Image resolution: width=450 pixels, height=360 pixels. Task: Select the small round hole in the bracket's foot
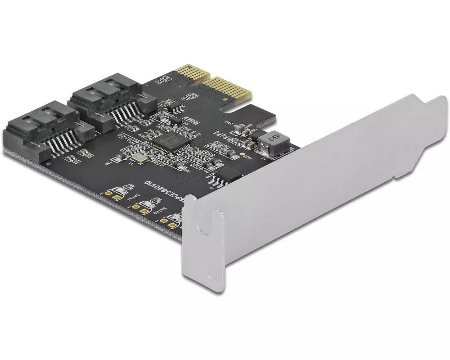(210, 272)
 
